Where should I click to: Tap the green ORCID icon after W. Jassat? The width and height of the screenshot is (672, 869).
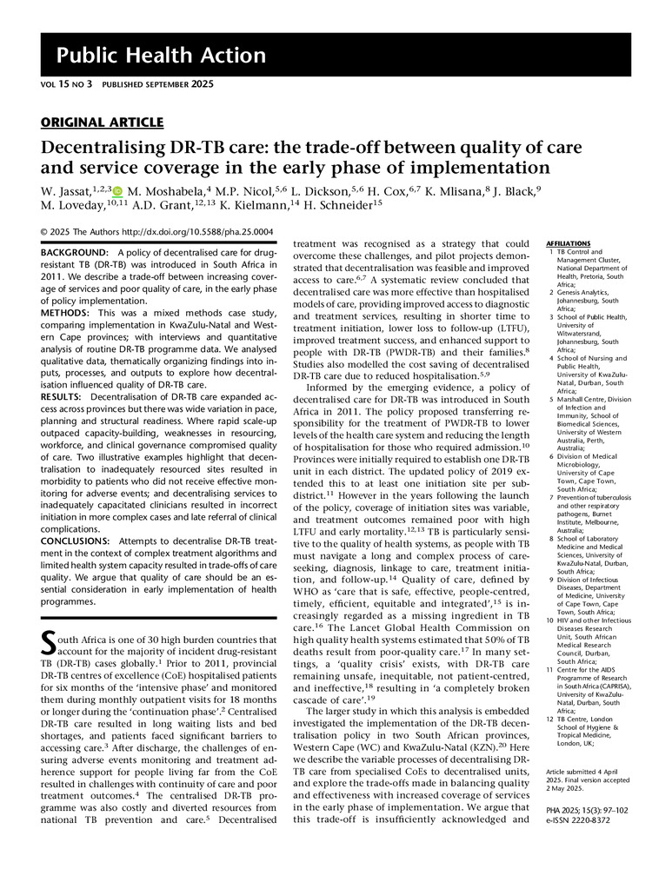tap(117, 190)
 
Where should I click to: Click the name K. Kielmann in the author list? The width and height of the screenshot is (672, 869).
tap(263, 207)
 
